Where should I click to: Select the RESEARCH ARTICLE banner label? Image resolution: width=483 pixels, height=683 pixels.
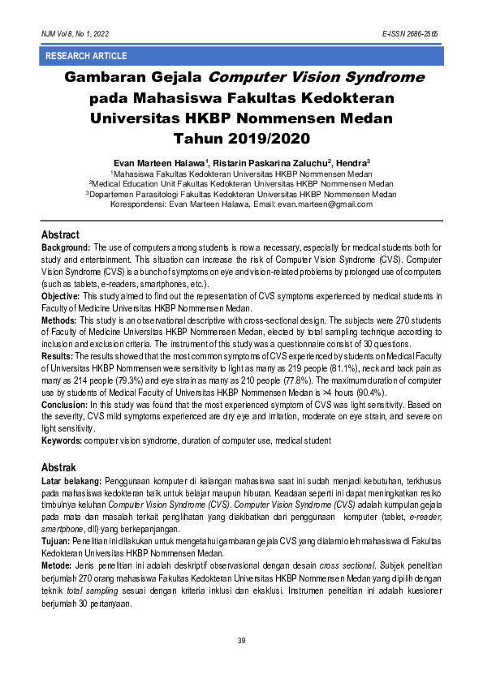[86, 56]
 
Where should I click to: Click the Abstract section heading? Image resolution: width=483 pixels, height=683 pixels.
[60, 234]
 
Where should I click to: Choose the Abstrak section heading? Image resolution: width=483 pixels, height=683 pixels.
[58, 468]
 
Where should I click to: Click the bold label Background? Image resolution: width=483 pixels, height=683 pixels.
[66, 247]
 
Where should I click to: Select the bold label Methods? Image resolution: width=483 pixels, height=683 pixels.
[60, 320]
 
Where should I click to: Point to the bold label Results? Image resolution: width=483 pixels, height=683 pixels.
[58, 355]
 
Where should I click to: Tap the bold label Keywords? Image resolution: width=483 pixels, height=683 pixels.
[63, 440]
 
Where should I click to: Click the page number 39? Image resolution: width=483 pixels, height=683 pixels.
[241, 642]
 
